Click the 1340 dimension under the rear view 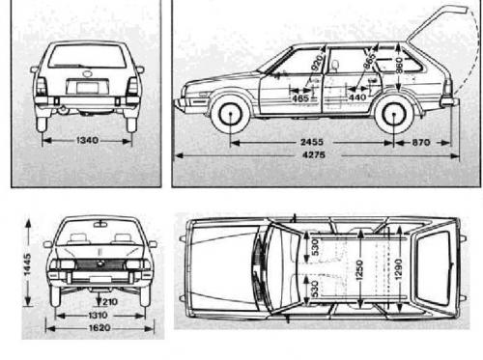[87, 140]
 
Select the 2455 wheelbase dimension [312, 142]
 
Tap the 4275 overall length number [312, 157]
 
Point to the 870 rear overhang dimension [418, 142]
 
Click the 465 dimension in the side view [299, 97]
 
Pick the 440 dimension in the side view [356, 97]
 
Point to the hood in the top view [217, 271]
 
